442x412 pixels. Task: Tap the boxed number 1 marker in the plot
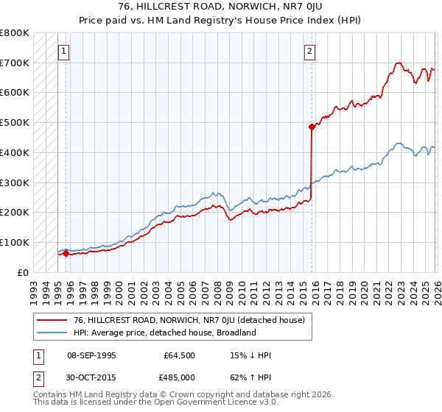coord(64,51)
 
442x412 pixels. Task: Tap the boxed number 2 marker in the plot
coord(309,51)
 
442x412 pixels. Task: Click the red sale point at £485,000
coord(312,127)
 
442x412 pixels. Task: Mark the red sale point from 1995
coord(66,253)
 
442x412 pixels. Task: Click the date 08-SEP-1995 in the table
coord(91,355)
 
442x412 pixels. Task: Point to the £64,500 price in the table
coord(180,355)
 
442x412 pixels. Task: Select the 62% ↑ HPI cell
coord(250,377)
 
